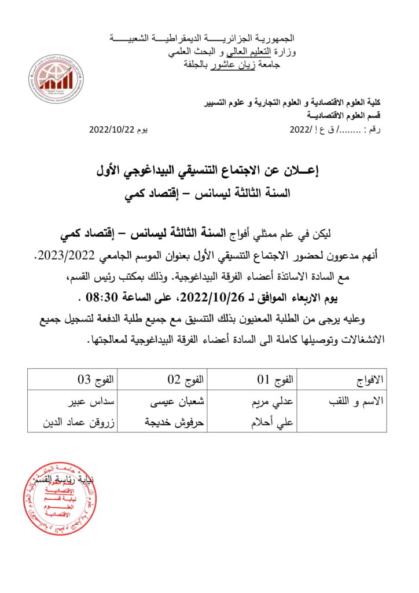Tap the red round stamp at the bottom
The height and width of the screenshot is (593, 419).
click(x=60, y=499)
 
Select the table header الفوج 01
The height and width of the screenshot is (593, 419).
click(x=275, y=380)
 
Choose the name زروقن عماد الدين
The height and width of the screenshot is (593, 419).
click(x=79, y=422)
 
